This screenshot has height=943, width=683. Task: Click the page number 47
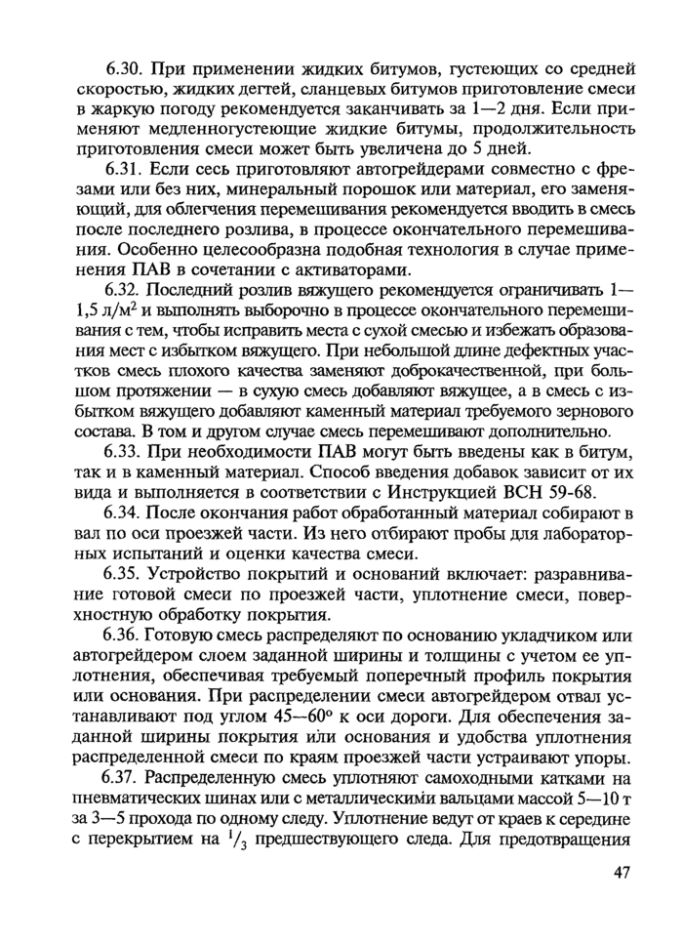624,872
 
